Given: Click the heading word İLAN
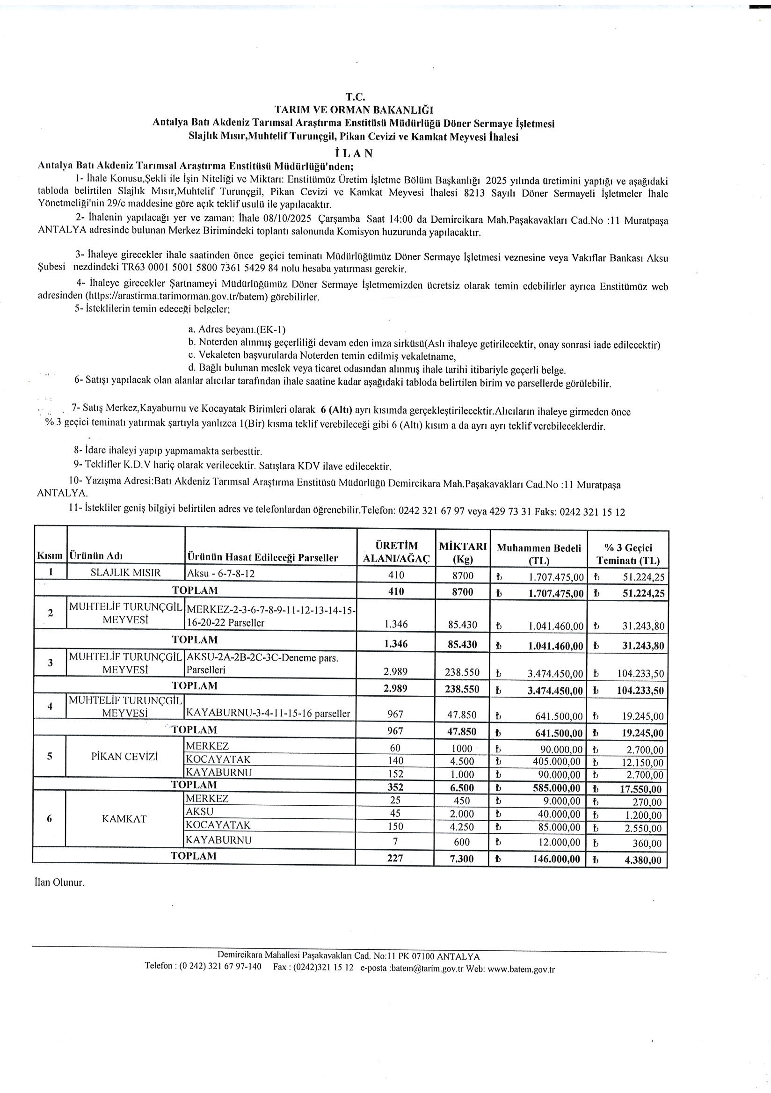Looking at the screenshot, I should (x=354, y=154).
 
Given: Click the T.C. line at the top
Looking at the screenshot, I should (x=355, y=97).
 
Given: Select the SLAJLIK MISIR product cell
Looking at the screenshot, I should (x=126, y=573).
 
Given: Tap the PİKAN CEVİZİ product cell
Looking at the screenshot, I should (x=125, y=757).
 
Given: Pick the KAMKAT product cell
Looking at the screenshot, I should (x=124, y=819).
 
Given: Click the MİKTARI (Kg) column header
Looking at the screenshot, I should (x=463, y=552).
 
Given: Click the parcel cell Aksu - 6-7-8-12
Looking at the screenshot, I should (x=221, y=574).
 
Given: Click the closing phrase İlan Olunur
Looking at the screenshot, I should (x=59, y=882).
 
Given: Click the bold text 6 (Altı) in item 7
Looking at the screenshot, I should (x=336, y=410).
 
